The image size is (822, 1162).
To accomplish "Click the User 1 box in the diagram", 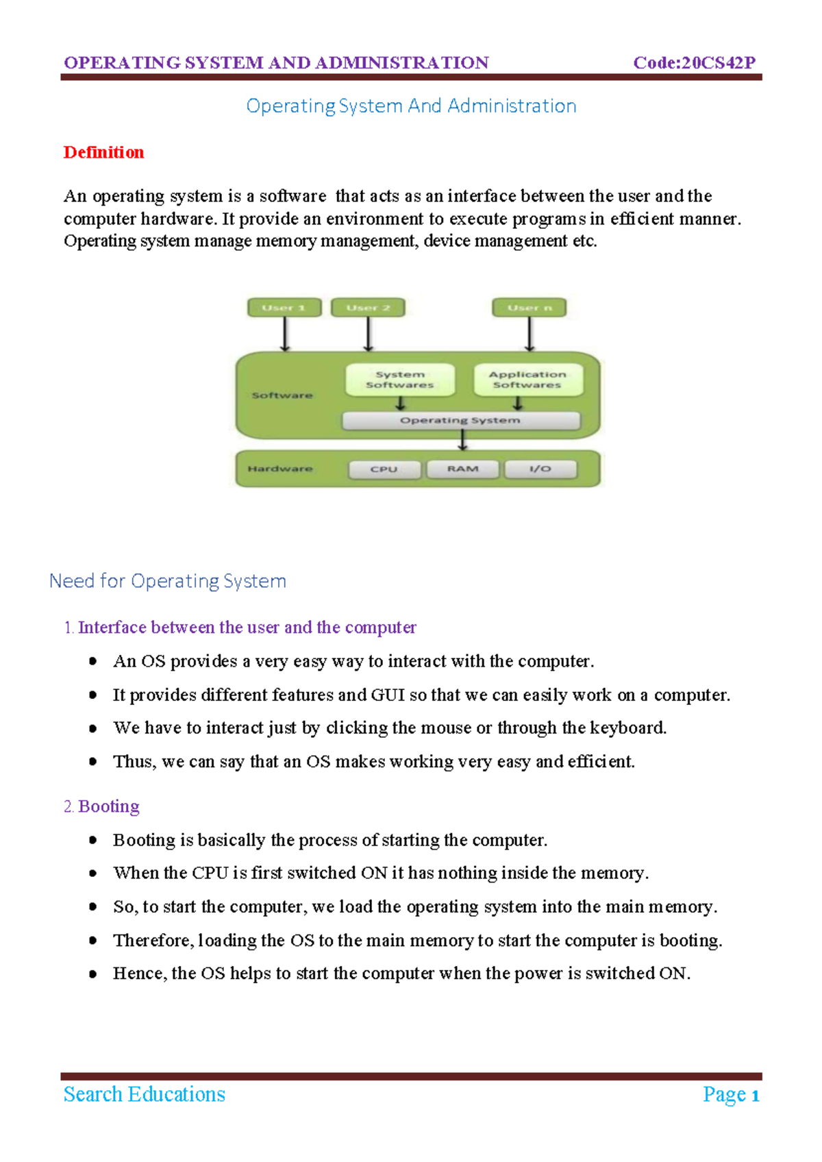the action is [285, 308].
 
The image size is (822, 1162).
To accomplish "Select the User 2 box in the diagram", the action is [368, 308].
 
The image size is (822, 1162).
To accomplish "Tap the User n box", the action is [529, 308].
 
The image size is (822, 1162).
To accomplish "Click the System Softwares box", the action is [400, 380].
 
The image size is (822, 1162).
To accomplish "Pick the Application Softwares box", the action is [527, 380].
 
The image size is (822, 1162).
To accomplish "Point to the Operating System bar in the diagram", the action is [460, 420].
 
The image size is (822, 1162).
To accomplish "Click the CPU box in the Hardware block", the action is [384, 469].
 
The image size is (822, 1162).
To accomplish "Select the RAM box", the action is [462, 469].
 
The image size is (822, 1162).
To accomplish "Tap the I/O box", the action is [540, 469].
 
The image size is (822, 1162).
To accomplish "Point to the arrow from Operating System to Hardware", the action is [463, 440].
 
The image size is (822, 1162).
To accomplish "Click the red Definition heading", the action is [103, 152].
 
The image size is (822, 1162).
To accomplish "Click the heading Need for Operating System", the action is [168, 581].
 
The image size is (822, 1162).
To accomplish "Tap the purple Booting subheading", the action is [109, 806].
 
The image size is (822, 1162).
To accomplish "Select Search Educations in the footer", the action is [145, 1094].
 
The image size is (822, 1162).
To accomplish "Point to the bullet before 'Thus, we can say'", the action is [92, 761].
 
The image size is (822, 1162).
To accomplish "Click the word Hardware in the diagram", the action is [280, 469].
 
